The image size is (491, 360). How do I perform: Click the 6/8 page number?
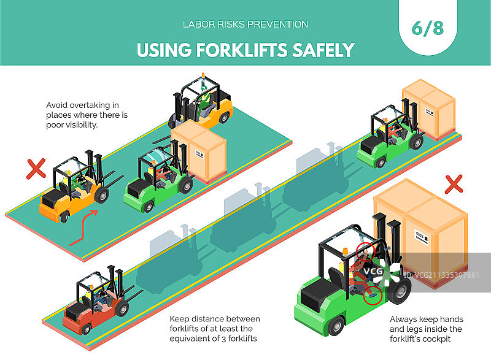point(428,28)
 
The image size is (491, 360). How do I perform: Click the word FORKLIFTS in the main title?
point(242,50)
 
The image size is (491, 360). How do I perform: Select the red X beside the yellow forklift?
point(36,169)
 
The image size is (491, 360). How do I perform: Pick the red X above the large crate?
point(454,184)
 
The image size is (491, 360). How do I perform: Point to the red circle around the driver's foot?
point(373,296)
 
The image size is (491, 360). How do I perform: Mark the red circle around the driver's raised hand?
point(365,251)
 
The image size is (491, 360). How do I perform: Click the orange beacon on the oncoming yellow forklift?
point(203,75)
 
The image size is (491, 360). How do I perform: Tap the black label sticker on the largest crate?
point(422,236)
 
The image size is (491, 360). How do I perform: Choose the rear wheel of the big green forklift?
point(335,325)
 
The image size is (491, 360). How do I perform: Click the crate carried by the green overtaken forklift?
point(199,151)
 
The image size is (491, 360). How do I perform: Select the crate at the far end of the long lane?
point(428,109)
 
